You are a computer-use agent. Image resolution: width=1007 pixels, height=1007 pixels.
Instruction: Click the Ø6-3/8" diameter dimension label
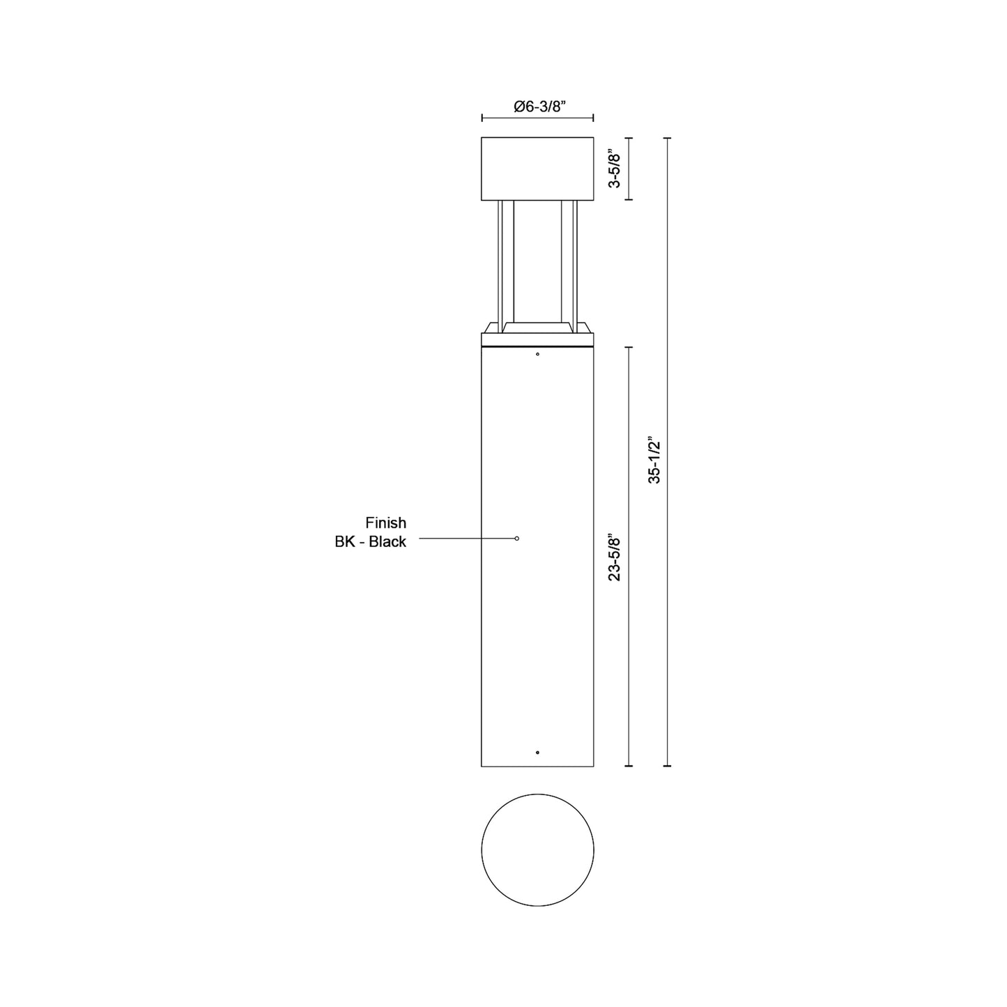tap(540, 107)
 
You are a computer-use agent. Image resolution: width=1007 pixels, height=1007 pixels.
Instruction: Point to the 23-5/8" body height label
tap(615, 557)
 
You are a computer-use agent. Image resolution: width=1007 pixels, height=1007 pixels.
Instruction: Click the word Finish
tap(385, 523)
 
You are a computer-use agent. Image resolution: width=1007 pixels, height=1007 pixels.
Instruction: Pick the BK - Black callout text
tap(371, 542)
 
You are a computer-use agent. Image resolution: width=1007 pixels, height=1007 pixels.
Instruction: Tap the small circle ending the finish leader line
tap(517, 538)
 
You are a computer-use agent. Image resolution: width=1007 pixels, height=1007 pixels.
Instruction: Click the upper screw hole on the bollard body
tap(537, 354)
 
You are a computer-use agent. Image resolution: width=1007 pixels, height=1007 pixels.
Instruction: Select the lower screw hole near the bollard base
tap(537, 753)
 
